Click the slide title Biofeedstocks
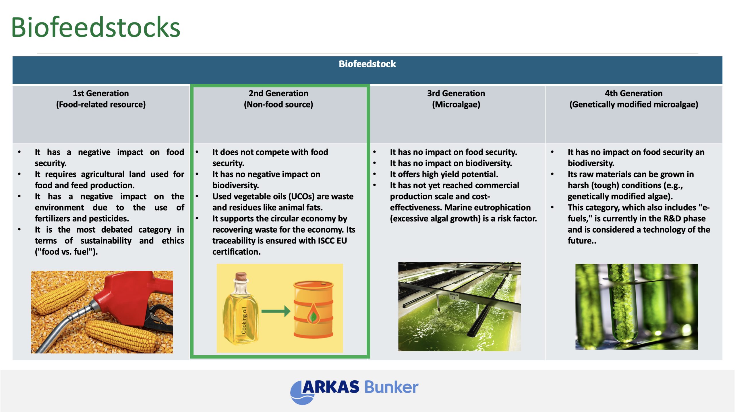tap(96, 28)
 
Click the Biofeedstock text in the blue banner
tap(367, 64)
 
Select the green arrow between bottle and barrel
tap(276, 311)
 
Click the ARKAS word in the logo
tap(330, 387)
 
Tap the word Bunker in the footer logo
tap(391, 387)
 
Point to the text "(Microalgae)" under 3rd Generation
tap(456, 104)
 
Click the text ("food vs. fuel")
tap(66, 252)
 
